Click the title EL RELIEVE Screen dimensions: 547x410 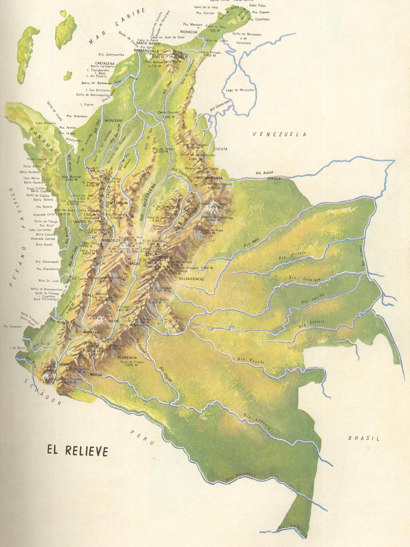[78, 451]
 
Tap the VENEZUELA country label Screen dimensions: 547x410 [279, 134]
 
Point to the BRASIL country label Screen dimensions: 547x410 [364, 438]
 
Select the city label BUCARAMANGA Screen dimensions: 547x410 [210, 178]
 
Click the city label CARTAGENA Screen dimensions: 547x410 [105, 63]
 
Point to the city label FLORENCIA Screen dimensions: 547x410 [128, 357]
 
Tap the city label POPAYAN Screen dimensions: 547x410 [92, 332]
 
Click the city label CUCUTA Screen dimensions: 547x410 [220, 149]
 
